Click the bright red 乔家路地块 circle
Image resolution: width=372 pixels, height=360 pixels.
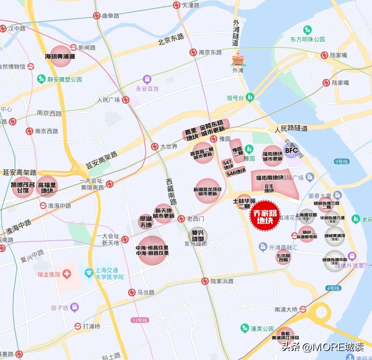coord(265,216)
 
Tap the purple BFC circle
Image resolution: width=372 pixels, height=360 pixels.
coord(291,150)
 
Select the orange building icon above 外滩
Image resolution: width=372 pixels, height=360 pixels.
coord(238,59)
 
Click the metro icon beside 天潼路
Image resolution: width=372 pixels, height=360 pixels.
coord(177,5)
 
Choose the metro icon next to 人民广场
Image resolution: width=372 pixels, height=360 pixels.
coord(126,100)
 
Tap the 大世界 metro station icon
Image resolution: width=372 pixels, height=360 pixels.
coord(155,147)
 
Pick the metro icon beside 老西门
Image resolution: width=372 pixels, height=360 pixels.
coord(181,219)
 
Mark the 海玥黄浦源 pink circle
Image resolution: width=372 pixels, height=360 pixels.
coord(60,56)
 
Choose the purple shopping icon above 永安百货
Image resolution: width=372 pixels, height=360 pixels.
coord(147,80)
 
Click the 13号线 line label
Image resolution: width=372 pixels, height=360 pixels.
coord(140,320)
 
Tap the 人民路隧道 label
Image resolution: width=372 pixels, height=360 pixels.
coord(291,128)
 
